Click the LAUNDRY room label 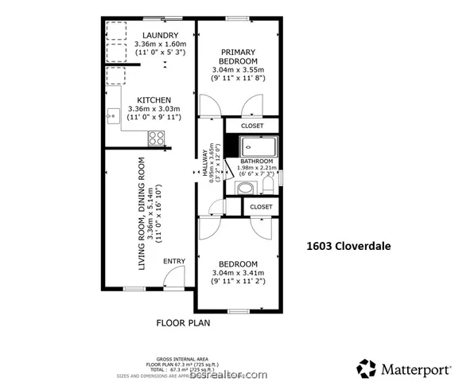click(x=160, y=35)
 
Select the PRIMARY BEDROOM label click(x=239, y=56)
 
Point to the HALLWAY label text click(x=204, y=163)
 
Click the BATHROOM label click(x=257, y=162)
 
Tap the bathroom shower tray click(x=259, y=146)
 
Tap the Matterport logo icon click(x=367, y=368)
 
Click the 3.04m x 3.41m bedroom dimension click(x=238, y=273)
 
